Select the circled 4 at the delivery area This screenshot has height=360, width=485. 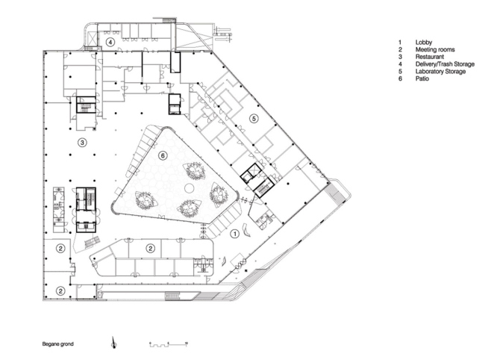click(x=110, y=44)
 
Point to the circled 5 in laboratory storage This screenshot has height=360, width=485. click(x=253, y=119)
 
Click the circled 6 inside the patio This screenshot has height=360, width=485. click(x=163, y=155)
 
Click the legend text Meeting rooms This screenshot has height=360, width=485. click(x=434, y=49)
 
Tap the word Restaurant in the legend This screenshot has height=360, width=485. click(x=431, y=56)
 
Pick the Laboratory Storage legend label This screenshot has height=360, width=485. click(x=441, y=71)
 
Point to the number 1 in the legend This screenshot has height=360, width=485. click(x=400, y=42)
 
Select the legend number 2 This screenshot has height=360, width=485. click(x=400, y=49)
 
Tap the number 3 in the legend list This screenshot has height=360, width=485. click(x=400, y=56)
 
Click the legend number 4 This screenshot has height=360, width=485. click(x=400, y=63)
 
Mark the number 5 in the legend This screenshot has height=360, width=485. click(x=400, y=71)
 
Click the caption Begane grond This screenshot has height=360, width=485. click(x=58, y=344)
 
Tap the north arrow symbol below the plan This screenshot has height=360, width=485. click(x=113, y=343)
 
